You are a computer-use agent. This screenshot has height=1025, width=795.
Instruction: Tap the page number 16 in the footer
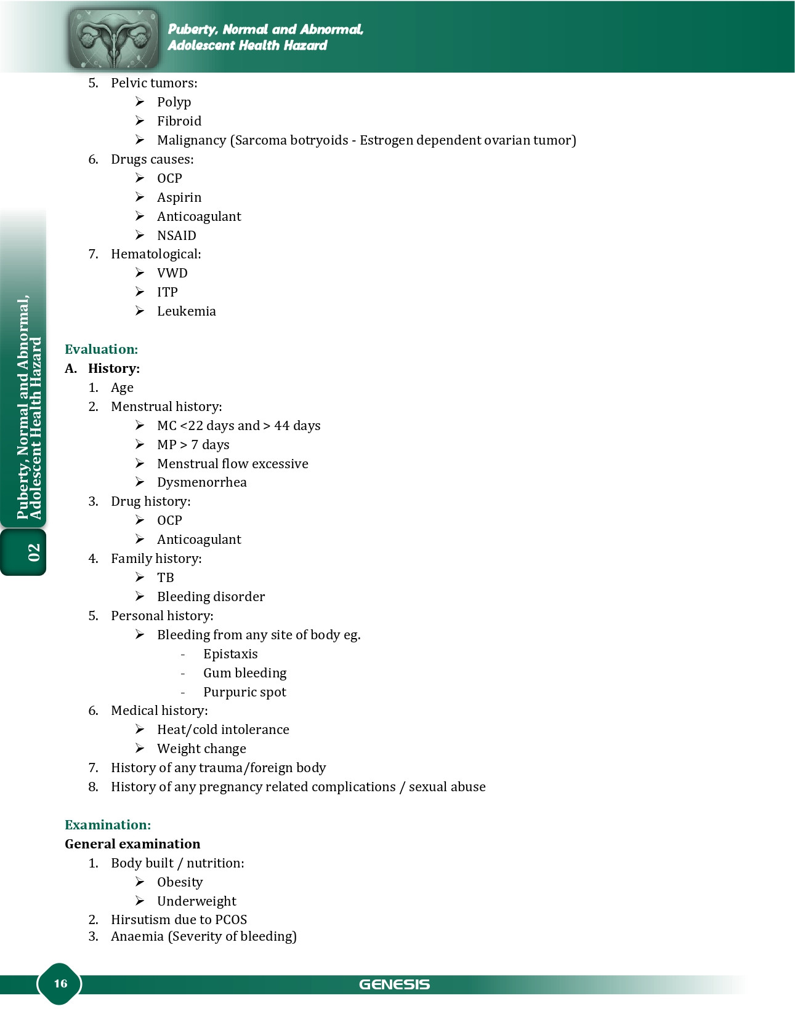[x=60, y=983]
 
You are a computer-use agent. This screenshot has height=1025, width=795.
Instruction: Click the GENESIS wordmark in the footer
[x=394, y=984]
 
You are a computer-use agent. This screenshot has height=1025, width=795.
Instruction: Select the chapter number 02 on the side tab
[x=33, y=552]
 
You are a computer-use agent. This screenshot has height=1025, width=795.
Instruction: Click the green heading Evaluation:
[x=101, y=349]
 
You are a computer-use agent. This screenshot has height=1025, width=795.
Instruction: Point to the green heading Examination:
[x=108, y=825]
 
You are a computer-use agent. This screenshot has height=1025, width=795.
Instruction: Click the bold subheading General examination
[x=132, y=844]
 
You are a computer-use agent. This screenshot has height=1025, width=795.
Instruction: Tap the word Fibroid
[x=179, y=121]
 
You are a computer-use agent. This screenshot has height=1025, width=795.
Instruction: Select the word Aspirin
[x=179, y=197]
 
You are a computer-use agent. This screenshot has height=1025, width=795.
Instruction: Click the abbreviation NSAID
[x=177, y=236]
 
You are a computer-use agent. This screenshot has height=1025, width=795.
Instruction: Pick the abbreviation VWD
[x=172, y=273]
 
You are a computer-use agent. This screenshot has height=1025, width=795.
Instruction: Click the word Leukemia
[x=187, y=311]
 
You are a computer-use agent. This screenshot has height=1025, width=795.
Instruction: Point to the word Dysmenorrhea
[x=202, y=482]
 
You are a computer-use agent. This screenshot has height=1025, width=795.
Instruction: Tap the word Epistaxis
[x=230, y=654]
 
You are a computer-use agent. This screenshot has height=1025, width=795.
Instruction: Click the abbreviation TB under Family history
[x=166, y=578]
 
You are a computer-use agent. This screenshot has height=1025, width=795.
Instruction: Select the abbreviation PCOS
[x=231, y=920]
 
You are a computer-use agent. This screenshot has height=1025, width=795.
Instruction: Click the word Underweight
[x=196, y=901]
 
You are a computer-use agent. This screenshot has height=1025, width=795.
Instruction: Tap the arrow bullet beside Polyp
[x=140, y=102]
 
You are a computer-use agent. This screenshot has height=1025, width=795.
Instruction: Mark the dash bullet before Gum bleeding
[x=183, y=674]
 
